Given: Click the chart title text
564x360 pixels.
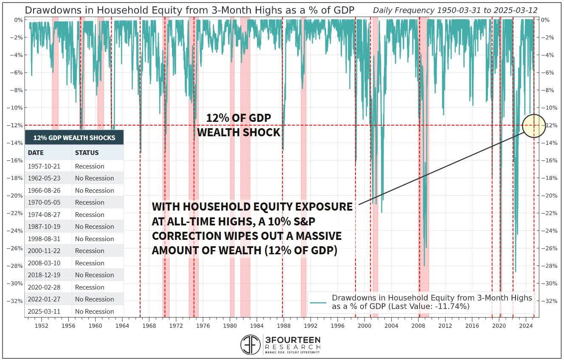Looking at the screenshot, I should pos(189,10).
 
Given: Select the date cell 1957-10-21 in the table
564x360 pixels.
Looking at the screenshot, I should pos(45,166).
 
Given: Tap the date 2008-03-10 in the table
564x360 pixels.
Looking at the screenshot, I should pos(45,263).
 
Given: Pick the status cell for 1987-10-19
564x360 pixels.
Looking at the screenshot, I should pos(94,226).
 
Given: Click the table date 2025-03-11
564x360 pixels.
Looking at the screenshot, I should pos(45,311).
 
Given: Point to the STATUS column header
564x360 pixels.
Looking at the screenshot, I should pos(87,152).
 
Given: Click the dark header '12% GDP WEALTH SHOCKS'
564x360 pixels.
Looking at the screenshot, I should pos(74,138).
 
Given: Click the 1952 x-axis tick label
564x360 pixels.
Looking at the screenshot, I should pos(42,326).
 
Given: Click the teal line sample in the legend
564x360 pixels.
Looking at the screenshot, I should pos(318,302).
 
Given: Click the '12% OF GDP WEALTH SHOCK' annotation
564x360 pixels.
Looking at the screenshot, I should pos(239,125).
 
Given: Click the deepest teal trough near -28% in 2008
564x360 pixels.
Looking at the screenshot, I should pos(424,266).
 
